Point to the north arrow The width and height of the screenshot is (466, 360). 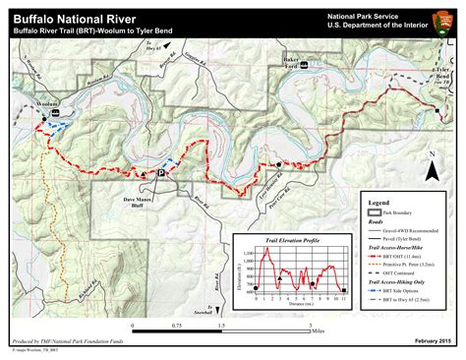[430, 173]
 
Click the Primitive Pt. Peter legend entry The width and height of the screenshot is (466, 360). [413, 264]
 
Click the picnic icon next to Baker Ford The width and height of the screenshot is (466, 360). [305, 66]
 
